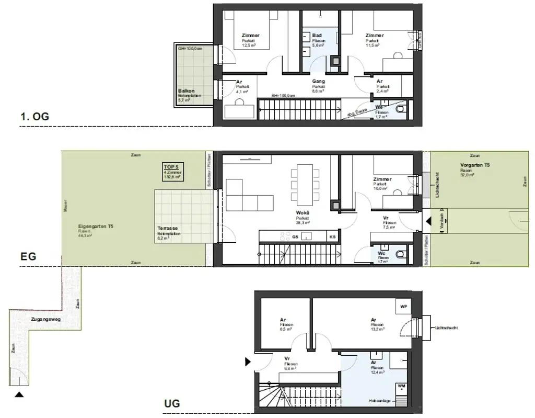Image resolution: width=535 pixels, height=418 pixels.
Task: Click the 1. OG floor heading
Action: click(x=34, y=117)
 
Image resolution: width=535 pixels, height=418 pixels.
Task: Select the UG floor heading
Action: click(x=172, y=403)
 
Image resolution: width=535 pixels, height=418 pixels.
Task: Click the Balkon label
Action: click(x=187, y=91)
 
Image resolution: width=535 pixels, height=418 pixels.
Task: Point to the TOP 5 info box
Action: click(x=172, y=172)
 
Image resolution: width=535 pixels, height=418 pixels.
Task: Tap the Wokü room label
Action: click(x=303, y=213)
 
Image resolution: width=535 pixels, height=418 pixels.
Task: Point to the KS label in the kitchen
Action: click(x=332, y=236)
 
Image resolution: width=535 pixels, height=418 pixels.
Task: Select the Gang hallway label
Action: click(x=318, y=81)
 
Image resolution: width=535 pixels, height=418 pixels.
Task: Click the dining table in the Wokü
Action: click(x=304, y=186)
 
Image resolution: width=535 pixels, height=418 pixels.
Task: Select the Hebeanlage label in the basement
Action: click(x=378, y=401)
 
